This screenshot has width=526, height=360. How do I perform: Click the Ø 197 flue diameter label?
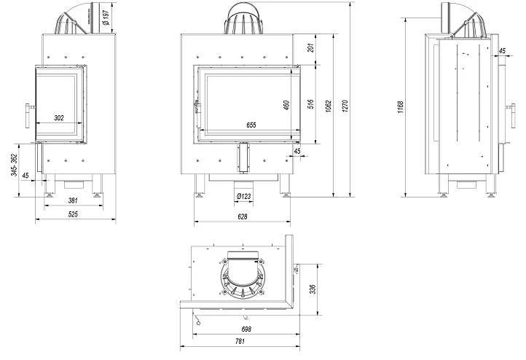(x=106, y=16)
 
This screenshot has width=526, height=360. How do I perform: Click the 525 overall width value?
(x=74, y=214)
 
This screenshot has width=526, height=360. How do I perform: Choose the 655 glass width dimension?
(x=251, y=125)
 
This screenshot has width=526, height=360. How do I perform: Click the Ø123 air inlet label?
(x=243, y=195)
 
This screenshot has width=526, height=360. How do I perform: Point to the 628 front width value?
(x=243, y=216)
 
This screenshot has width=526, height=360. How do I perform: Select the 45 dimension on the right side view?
(x=503, y=51)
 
